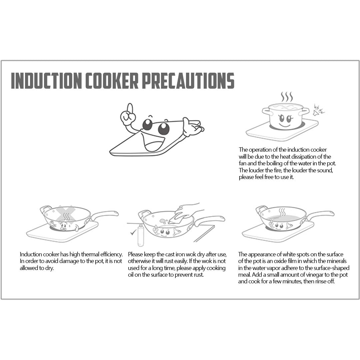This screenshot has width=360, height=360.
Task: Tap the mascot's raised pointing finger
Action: point(130,108)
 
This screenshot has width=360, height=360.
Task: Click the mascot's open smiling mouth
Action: point(151,142)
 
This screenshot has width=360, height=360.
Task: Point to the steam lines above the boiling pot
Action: point(287,97)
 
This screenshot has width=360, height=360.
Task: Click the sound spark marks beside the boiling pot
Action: point(318,109)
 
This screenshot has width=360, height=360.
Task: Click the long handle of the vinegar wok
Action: point(320,214)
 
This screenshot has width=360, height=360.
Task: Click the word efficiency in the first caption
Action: point(110,254)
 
